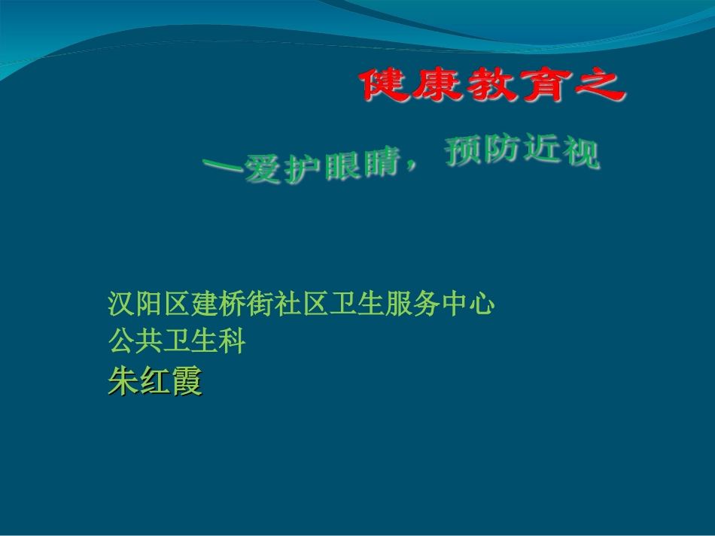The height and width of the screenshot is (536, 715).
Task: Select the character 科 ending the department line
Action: click(x=233, y=343)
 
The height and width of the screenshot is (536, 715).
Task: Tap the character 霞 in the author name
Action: click(x=187, y=382)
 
